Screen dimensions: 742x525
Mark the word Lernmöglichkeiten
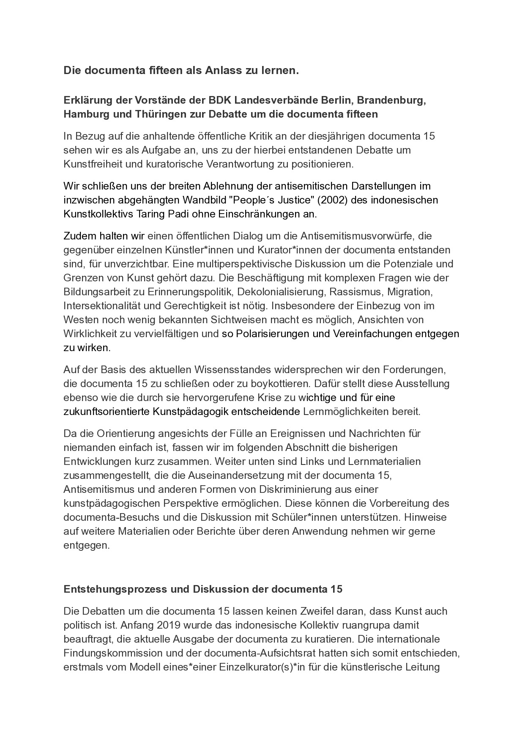click(347, 411)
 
